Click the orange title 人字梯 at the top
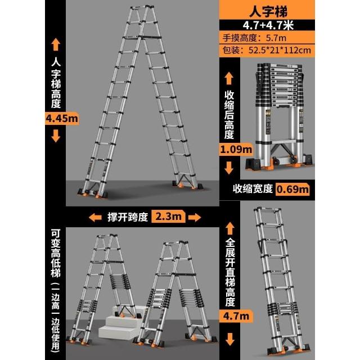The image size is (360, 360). point(268,11)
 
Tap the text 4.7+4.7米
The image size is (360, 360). point(268,25)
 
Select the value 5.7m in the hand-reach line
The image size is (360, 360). point(276,38)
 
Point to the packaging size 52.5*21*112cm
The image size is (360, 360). point(280,50)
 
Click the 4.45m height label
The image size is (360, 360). point(62,119)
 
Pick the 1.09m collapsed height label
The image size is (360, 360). point(236,150)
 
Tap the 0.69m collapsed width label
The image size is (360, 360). point(292,189)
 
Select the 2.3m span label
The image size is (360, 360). point(168,216)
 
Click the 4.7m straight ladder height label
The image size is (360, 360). point(236,316)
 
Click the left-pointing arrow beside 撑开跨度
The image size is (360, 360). point(95,217)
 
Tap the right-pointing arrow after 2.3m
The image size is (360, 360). point(195,217)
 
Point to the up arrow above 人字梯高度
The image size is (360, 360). point(56,44)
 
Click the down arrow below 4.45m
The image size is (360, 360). point(56,136)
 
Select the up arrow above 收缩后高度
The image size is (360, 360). point(229,78)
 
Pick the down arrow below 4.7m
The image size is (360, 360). point(230,339)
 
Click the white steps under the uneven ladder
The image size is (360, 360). point(119,322)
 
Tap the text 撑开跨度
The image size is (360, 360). point(128,217)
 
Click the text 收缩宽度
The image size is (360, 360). point(253,189)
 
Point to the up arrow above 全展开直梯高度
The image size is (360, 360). point(230,228)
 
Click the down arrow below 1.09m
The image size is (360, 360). point(229,168)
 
